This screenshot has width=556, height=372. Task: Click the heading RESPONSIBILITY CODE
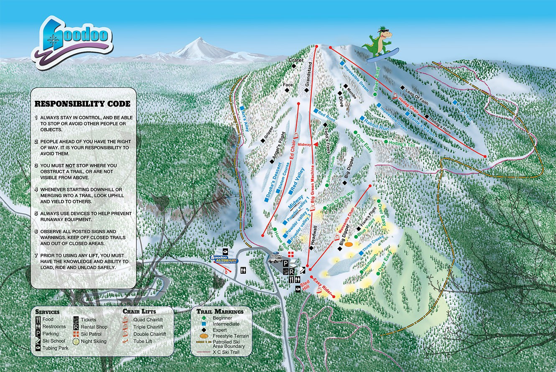tap(82, 104)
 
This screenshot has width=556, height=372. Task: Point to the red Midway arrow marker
tap(316, 144)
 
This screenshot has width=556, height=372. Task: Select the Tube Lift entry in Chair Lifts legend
tap(144, 341)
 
